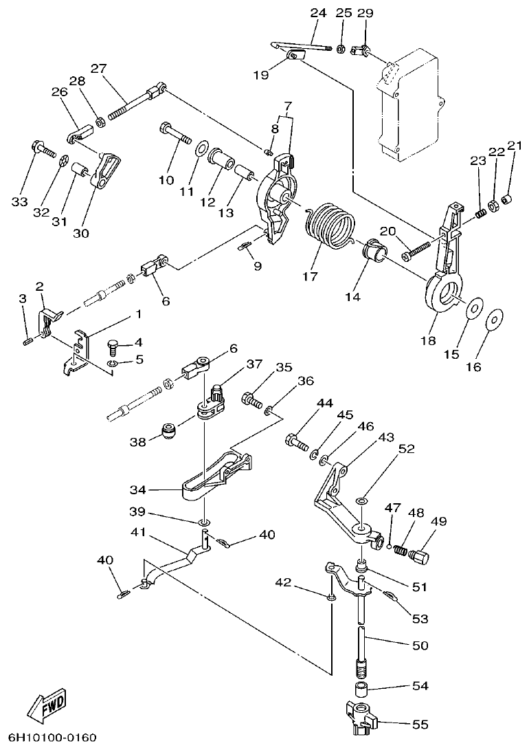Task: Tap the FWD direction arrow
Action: (x=47, y=705)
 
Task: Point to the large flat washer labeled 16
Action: (x=493, y=320)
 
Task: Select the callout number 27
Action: (x=98, y=68)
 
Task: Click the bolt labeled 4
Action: (x=114, y=344)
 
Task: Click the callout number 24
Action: (x=318, y=12)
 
